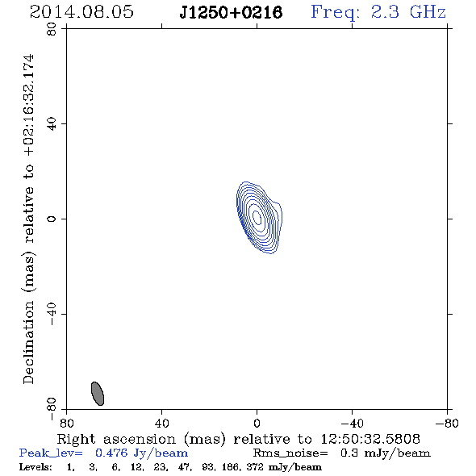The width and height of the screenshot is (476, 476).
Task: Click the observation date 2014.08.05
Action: click(81, 12)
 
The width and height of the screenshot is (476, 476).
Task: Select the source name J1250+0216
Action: click(231, 12)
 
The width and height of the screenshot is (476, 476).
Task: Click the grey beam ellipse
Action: click(98, 394)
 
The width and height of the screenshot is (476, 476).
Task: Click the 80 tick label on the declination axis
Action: click(52, 29)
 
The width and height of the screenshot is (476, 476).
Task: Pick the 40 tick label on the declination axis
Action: click(52, 124)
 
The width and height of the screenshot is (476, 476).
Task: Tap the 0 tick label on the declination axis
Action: click(52, 219)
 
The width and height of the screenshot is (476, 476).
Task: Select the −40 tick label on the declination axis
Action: click(52, 314)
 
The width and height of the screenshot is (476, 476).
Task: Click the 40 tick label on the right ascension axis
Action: click(161, 424)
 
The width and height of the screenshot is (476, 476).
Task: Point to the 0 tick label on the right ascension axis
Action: click(257, 424)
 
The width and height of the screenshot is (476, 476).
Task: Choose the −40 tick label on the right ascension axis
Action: click(352, 424)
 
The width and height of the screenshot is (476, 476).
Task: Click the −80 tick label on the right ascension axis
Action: click(447, 424)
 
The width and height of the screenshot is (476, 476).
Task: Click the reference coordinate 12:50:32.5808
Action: click(370, 439)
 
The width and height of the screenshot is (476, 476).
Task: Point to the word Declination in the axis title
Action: click(28, 342)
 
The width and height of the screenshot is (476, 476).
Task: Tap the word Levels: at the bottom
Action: click(35, 467)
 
